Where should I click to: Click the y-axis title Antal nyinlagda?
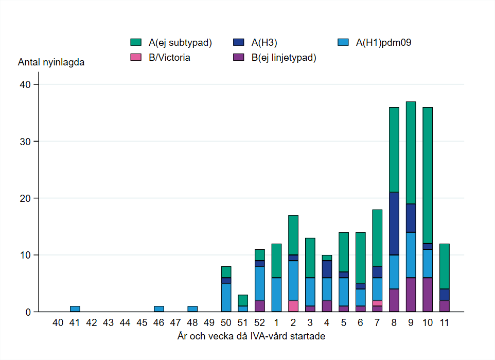pos(51,63)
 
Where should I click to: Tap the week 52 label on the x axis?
pos(259,323)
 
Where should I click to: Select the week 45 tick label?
pos(142,323)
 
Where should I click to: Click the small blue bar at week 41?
pos(75,309)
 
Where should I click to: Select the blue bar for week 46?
pos(159,309)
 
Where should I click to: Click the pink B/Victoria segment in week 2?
pos(293,306)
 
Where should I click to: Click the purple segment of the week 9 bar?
pos(411,295)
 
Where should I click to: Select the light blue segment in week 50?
pos(226,298)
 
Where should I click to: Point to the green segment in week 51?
pos(243,300)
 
